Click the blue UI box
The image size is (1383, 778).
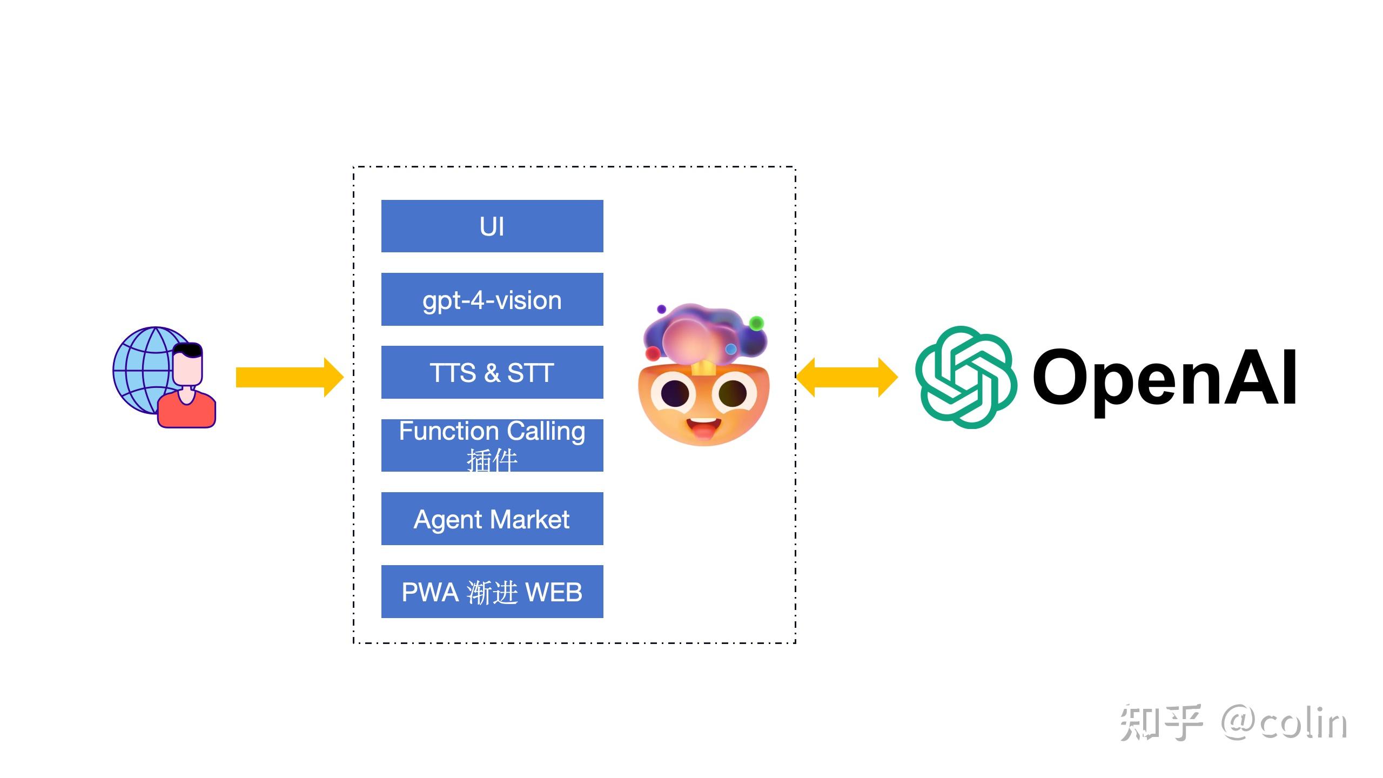[492, 226]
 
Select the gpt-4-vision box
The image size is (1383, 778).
[492, 299]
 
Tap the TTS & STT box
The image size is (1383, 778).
[492, 372]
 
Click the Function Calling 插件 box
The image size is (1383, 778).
[492, 445]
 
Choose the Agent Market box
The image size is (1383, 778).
[492, 519]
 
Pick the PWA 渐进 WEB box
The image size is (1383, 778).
[492, 592]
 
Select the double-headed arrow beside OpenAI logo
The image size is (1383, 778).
[847, 377]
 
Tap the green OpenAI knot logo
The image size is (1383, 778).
[966, 377]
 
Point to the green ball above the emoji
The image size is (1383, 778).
[756, 323]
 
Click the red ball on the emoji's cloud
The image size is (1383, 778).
[653, 353]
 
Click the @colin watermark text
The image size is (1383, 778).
[1284, 722]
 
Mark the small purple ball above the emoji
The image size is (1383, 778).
[661, 309]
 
